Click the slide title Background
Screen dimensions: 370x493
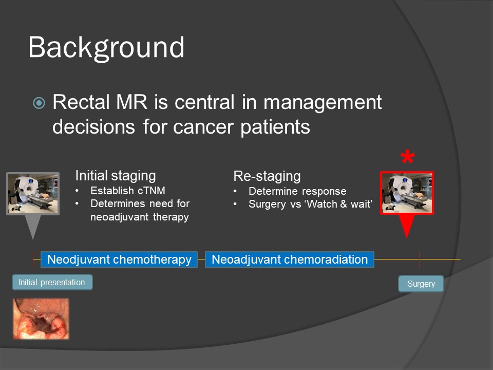106,47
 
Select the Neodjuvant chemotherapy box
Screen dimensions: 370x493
119,260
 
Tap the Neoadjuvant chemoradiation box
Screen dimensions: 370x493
290,260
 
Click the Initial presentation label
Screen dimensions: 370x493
52,282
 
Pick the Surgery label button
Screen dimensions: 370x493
421,284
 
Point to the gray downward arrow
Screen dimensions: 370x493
32,226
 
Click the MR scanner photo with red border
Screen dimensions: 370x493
407,192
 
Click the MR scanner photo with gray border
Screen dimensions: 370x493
32,193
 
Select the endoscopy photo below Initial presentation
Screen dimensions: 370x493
41,319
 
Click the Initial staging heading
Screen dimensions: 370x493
116,176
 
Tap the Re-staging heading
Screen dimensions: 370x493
267,176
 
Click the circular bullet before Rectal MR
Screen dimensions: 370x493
39,103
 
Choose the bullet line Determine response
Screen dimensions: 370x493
297,191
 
